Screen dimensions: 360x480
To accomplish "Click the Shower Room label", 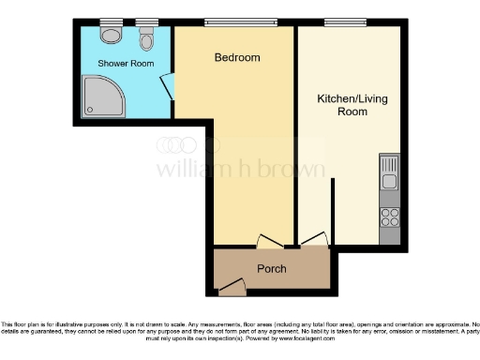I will point(120,65).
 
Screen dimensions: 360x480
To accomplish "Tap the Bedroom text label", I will point(236,58).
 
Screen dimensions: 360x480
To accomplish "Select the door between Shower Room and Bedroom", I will point(167,87).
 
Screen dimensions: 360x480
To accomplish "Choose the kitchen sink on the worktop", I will point(389,173).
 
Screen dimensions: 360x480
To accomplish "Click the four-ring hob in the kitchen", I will point(389,218).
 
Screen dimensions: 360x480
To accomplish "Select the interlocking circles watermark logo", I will point(180,144).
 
